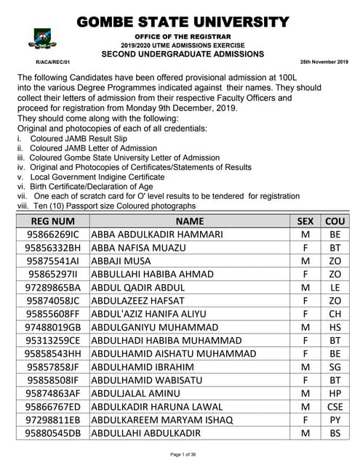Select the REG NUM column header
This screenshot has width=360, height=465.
(52, 220)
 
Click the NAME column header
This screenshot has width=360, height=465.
(190, 220)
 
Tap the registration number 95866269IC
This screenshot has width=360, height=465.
(52, 235)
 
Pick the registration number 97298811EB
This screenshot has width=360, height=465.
(52, 420)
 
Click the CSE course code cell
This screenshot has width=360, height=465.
(335, 407)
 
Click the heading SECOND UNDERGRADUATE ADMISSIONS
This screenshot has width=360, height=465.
(182, 54)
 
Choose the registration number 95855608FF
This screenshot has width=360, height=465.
(52, 315)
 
